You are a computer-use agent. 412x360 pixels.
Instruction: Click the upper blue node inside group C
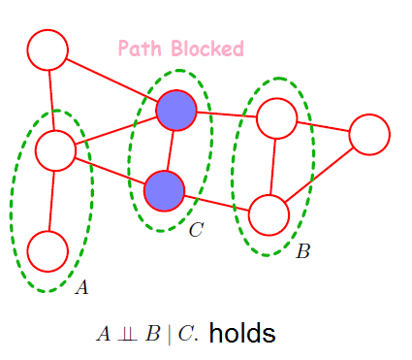point(176,112)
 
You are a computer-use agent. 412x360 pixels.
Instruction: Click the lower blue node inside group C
point(165,191)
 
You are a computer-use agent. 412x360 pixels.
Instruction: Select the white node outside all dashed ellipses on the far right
point(369,134)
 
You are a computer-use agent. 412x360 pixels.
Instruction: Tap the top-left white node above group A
point(48,49)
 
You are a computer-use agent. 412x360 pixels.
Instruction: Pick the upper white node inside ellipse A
point(55,150)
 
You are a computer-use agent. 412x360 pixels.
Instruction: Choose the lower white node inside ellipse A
point(47,250)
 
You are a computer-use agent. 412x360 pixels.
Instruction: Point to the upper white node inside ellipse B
point(277,118)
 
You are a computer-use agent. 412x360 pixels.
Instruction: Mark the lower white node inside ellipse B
point(269,215)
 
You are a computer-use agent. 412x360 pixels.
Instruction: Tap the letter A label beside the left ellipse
point(81,287)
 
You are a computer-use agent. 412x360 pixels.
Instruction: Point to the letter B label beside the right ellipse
point(302,252)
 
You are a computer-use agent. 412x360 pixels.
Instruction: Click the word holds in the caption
point(242,334)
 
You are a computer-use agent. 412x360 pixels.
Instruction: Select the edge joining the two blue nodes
point(171,151)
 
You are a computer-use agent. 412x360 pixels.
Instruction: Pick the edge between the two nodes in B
point(273,167)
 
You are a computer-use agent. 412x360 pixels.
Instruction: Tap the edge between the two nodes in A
point(51,201)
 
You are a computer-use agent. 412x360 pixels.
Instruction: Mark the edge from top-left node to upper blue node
point(111,81)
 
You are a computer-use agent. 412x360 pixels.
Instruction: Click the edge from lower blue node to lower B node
point(217,203)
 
